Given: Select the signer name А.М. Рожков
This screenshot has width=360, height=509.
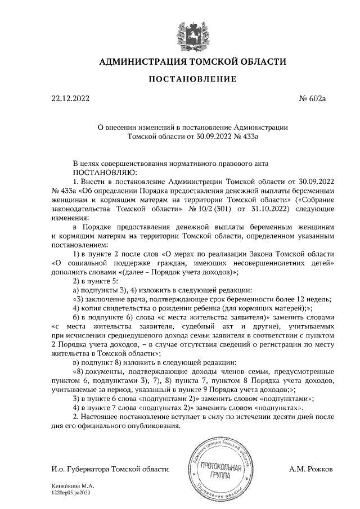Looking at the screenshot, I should coord(310,468).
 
